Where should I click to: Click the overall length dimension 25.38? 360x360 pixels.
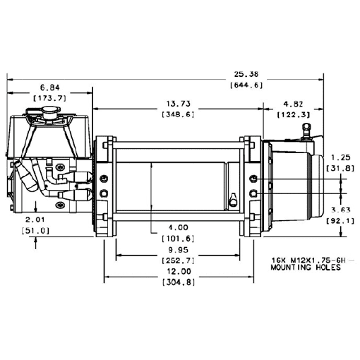tap(246, 73)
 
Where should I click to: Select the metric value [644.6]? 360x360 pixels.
tap(246, 85)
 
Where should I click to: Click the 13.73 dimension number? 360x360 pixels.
tap(176, 103)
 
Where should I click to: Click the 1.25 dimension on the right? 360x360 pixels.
tap(340, 157)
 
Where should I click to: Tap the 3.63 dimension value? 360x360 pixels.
tap(340, 210)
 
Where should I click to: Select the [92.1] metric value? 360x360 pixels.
tap(340, 221)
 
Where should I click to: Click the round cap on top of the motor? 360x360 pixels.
tap(49, 112)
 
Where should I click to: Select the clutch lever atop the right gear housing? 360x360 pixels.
tap(306, 130)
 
